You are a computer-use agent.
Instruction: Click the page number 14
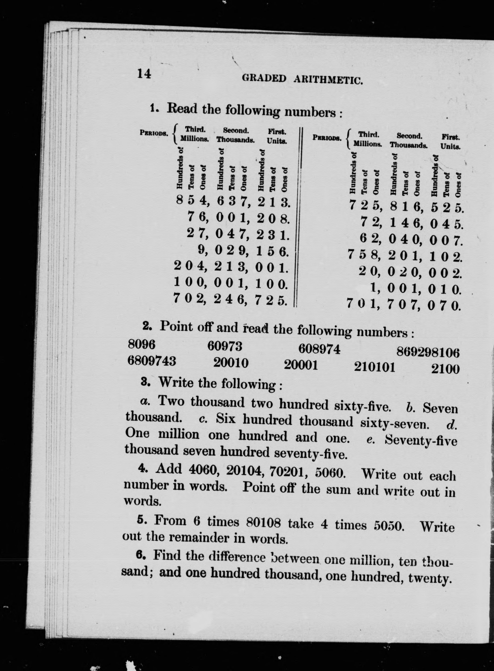pos(144,73)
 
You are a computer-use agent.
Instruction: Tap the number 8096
pos(142,345)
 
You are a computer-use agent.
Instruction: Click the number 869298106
pos(428,353)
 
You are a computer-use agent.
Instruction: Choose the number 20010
pos(231,363)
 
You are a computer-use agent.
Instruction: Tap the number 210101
pos(374,367)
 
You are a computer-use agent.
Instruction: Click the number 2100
pos(445,369)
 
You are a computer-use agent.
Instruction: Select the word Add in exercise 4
pos(169,468)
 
